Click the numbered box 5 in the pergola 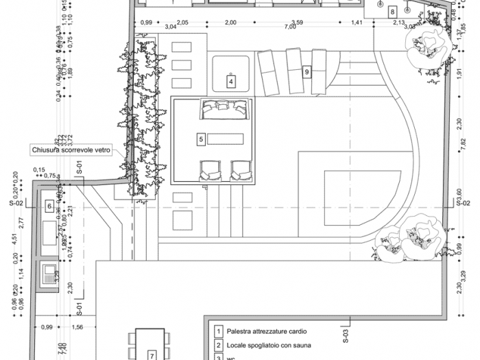coord(201,139)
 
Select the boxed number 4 coord(231,82)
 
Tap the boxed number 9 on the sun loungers coord(307,71)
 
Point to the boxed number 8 coord(392,12)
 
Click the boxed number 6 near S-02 coord(49,206)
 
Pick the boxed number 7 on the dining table coord(152,355)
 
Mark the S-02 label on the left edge coord(16,204)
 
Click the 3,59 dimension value coord(298,22)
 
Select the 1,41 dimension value coord(357,23)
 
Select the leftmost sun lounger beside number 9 coord(267,71)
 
